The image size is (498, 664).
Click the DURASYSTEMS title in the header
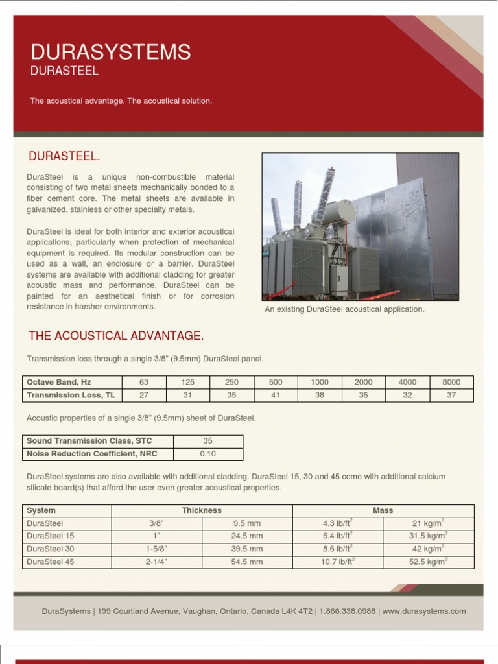(x=111, y=52)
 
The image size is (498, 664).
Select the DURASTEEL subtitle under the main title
(x=64, y=71)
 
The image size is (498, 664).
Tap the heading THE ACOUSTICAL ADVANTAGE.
(x=116, y=335)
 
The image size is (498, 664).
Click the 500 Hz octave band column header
(x=276, y=383)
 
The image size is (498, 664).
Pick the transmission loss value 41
(x=276, y=395)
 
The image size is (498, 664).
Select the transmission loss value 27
(x=144, y=395)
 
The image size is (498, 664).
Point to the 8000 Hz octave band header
(x=451, y=383)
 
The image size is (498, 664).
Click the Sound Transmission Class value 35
(x=207, y=441)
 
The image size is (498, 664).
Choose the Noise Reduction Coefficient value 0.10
(x=207, y=454)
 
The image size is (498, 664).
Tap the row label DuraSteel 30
(x=51, y=549)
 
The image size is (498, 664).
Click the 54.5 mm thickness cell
(x=247, y=562)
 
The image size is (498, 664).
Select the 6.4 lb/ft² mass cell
(x=338, y=536)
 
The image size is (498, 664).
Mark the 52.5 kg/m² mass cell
(x=428, y=562)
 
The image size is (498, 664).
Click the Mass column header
(x=383, y=510)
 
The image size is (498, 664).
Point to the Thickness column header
(x=202, y=510)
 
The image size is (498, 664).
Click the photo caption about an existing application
(x=344, y=309)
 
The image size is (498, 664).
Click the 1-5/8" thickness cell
(x=157, y=549)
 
